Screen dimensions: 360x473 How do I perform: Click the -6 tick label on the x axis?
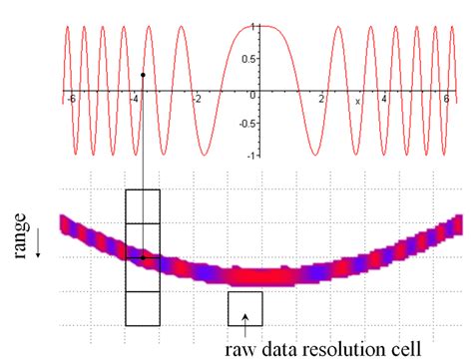coord(70,100)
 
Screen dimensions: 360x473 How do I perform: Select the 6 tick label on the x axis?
coord(446,100)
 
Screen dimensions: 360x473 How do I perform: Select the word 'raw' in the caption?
coord(237,349)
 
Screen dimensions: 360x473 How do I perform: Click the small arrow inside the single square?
coord(245,316)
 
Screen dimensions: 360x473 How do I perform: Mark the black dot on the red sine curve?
coord(143,75)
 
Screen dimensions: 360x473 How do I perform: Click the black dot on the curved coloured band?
coord(143,257)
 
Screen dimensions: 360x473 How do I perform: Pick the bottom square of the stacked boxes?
coord(142,307)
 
